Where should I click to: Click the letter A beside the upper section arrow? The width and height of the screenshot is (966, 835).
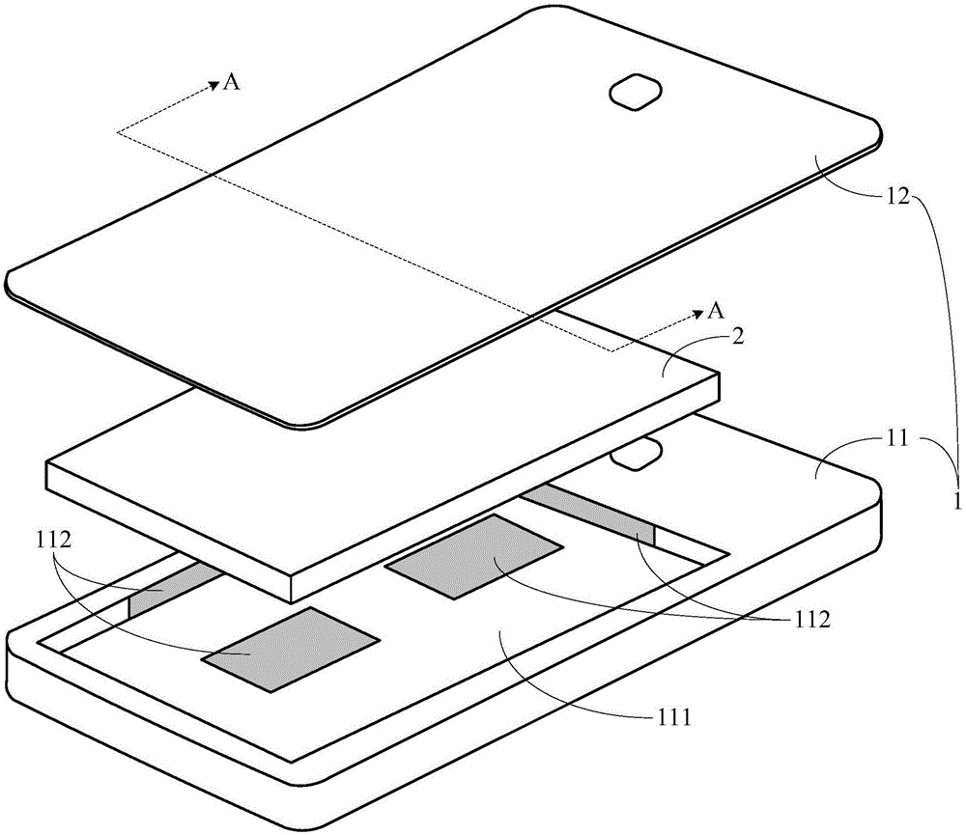[x=231, y=82]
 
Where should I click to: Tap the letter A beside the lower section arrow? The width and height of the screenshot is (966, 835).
[x=715, y=311]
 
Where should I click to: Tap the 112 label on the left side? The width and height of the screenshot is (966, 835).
[x=53, y=540]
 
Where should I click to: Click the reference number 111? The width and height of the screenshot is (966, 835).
[x=672, y=717]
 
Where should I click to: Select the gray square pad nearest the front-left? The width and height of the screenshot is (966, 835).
[x=291, y=649]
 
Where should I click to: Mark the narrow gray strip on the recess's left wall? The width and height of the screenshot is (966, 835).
[x=176, y=589]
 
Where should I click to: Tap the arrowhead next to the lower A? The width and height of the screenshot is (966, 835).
[x=697, y=315]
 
